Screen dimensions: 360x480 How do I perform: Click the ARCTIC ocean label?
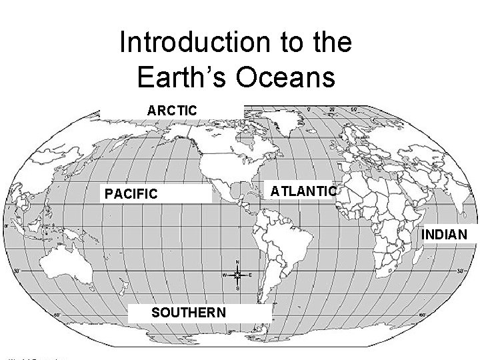pyautogui.click(x=173, y=109)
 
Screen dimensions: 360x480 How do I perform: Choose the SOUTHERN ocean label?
pyautogui.click(x=189, y=313)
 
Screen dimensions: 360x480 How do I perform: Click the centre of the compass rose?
pyautogui.click(x=238, y=275)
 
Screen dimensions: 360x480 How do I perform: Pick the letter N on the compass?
pyautogui.click(x=238, y=261)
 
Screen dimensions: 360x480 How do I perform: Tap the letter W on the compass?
pyautogui.click(x=225, y=275)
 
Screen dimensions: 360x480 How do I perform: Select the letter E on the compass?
pyautogui.click(x=250, y=275)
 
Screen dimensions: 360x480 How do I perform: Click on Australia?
pyautogui.click(x=57, y=267)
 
